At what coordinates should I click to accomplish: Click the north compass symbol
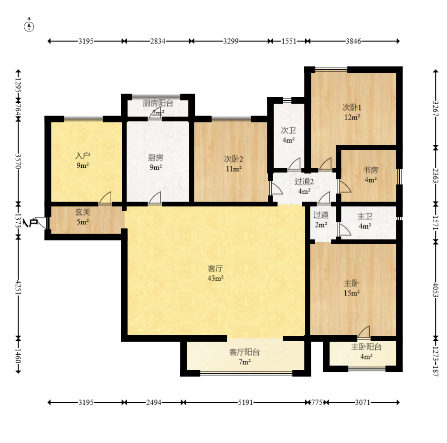click(x=29, y=26)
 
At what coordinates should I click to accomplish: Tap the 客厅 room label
click(x=215, y=269)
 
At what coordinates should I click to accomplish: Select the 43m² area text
click(x=215, y=278)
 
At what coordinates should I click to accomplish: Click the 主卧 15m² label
click(x=351, y=288)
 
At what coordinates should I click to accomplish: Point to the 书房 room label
click(x=371, y=170)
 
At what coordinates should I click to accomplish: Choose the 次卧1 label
click(x=352, y=107)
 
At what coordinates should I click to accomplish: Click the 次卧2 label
click(x=234, y=159)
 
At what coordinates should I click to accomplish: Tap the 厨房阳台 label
click(x=158, y=103)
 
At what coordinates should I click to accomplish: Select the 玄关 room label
click(x=83, y=212)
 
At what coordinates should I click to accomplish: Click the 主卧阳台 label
click(x=366, y=347)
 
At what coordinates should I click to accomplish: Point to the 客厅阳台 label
click(x=245, y=352)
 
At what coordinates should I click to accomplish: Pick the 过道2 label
click(x=304, y=182)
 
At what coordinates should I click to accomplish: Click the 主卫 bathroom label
click(x=365, y=216)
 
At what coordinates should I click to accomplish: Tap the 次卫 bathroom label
click(x=288, y=130)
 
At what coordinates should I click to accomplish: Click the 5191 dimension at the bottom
click(x=245, y=402)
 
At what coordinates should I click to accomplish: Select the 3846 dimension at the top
click(x=353, y=41)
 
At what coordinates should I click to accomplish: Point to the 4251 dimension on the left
click(x=18, y=288)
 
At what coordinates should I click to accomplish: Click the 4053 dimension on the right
click(x=436, y=290)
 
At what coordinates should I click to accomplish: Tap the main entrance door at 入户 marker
click(x=42, y=223)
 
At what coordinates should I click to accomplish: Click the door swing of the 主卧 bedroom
click(x=364, y=332)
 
